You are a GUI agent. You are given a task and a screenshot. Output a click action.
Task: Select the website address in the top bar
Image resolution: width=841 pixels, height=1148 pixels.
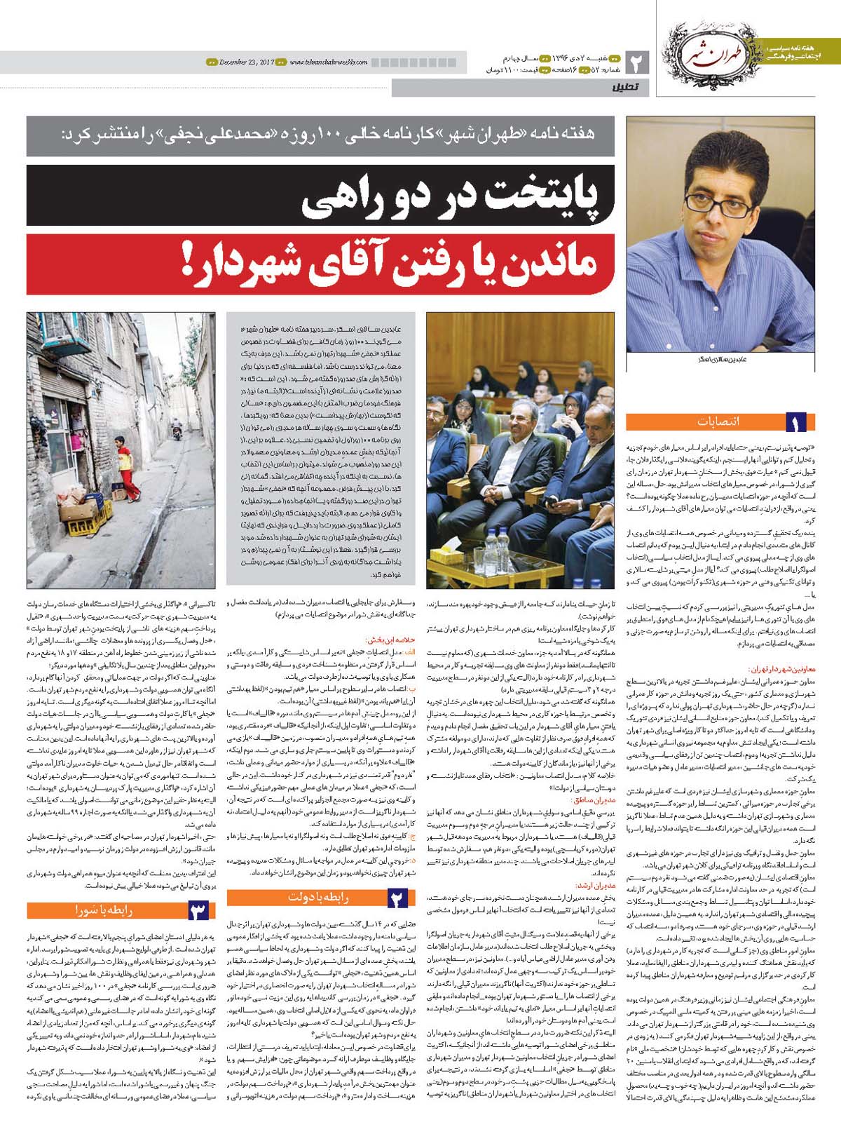tap(327, 62)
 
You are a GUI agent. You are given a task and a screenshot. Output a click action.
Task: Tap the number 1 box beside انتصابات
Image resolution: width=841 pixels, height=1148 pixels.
tap(795, 422)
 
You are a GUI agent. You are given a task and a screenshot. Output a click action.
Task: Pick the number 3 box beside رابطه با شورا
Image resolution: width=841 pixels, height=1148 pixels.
tap(198, 910)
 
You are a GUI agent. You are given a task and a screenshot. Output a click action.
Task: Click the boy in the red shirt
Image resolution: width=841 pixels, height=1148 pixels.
tap(125, 466)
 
